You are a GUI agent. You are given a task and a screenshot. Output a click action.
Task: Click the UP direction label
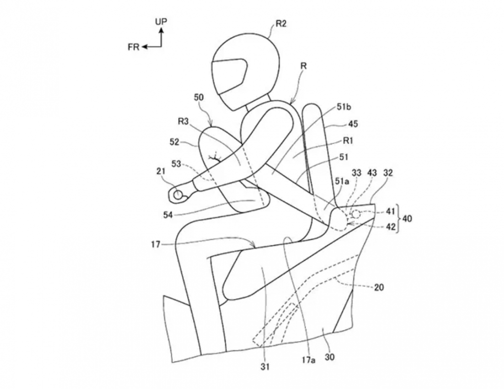click(x=161, y=21)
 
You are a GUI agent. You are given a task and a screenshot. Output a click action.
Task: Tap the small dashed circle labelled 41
click(x=356, y=214)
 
